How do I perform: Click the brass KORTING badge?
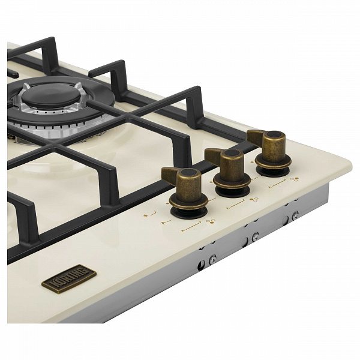click(x=69, y=279)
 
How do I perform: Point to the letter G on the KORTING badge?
click(x=85, y=271)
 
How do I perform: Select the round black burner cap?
click(x=51, y=95)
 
